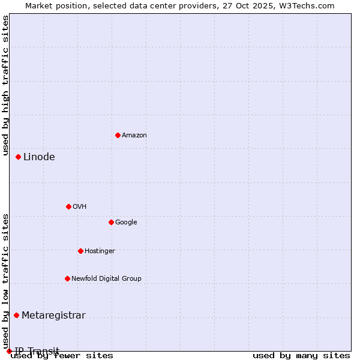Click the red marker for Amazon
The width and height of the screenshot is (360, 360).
[118, 135]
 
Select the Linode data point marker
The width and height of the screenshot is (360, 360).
[19, 157]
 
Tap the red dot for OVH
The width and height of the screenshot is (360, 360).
[68, 206]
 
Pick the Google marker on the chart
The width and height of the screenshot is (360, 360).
[111, 222]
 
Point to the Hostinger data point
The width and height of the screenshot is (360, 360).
[80, 251]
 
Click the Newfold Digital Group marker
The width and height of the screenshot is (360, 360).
[67, 278]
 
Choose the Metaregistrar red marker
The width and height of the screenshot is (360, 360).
[17, 315]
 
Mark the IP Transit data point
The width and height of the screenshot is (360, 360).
[9, 351]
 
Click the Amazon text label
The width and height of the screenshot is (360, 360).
[134, 136]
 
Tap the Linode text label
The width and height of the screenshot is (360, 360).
[39, 157]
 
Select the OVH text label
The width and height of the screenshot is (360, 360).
[79, 207]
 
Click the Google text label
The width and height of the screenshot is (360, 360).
[126, 223]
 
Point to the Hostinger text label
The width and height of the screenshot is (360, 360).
[100, 251]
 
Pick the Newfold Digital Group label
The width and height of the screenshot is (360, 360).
[106, 279]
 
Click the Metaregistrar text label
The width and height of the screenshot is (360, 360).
[53, 316]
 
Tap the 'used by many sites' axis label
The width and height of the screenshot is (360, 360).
[301, 356]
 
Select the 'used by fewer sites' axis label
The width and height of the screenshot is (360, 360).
[62, 356]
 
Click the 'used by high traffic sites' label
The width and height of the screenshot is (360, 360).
[5, 85]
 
